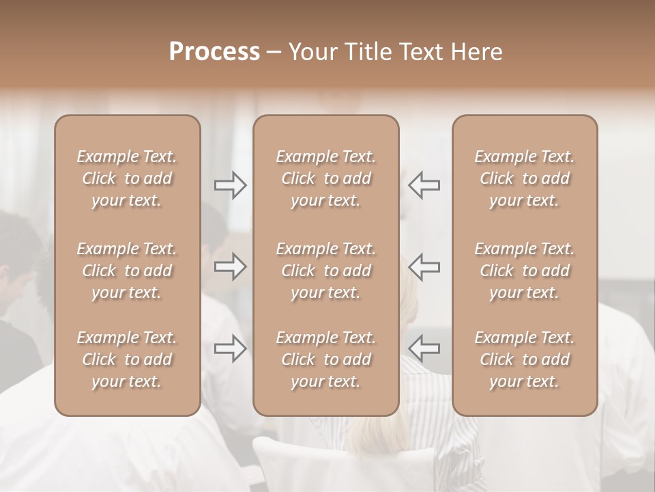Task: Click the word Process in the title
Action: click(214, 52)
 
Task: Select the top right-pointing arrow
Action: click(230, 185)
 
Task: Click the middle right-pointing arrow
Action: click(230, 266)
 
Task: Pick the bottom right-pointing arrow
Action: click(230, 348)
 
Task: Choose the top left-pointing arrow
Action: click(424, 185)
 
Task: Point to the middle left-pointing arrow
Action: click(424, 266)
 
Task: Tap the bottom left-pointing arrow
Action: click(424, 348)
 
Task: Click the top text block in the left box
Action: click(127, 178)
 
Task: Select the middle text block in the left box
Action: click(127, 271)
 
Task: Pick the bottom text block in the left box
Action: click(127, 359)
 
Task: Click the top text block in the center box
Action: click(325, 178)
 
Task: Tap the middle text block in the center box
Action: click(325, 271)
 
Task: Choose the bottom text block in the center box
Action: click(325, 359)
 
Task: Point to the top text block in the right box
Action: click(524, 178)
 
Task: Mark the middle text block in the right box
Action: click(524, 271)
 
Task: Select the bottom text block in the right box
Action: click(524, 359)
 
